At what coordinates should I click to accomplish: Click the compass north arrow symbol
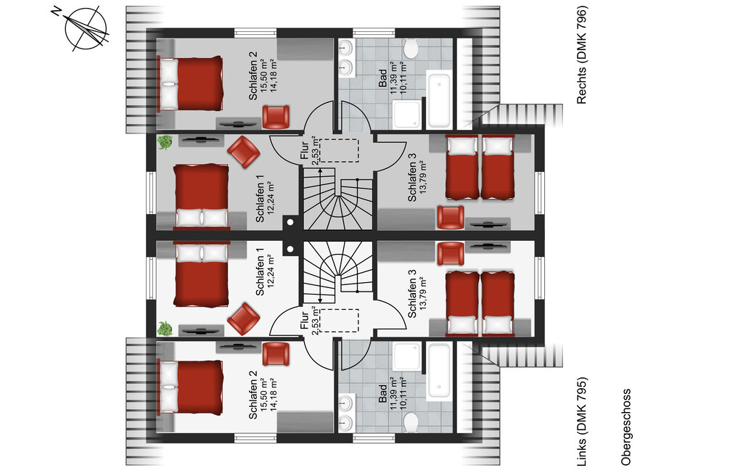coord(86,28)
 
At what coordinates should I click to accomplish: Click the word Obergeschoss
coord(626,427)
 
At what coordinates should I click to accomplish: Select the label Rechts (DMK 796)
coord(581,54)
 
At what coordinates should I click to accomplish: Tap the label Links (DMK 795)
coord(581,421)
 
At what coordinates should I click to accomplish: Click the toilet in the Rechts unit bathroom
coord(411,49)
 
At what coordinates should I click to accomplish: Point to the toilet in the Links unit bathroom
coord(411,422)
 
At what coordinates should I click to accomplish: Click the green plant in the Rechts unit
coord(165,142)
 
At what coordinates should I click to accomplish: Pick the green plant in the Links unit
coord(165,329)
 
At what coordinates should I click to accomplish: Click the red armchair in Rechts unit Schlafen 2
coord(275,117)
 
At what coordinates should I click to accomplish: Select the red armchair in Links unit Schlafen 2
coord(275,354)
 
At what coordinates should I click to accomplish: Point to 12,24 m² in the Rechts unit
coord(271,197)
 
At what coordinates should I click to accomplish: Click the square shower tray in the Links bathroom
coord(406,356)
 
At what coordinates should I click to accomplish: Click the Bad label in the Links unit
coord(382,393)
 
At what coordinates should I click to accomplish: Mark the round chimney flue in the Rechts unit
coord(290,222)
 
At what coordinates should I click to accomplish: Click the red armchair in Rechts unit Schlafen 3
coord(450,218)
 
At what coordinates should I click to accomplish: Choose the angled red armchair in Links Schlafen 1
coord(244,318)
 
